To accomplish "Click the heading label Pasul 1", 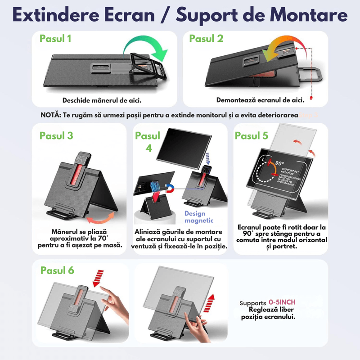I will [55, 39].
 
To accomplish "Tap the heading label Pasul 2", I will [206, 39].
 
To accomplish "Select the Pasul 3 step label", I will [56, 135].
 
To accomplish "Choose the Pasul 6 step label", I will [57, 270].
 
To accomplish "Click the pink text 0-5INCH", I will [282, 302].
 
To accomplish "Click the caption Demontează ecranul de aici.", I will [260, 100].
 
